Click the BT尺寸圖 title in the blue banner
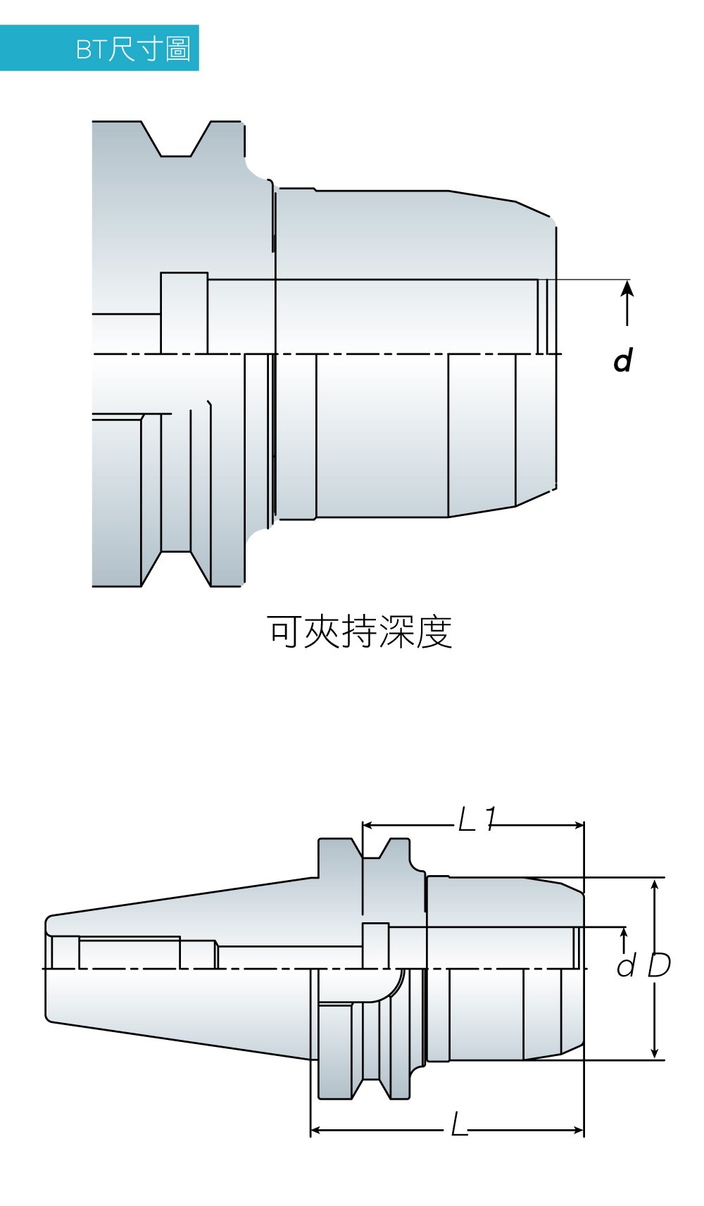(133, 49)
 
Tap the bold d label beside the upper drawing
(623, 360)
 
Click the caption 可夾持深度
(359, 632)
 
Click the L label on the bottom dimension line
(459, 1125)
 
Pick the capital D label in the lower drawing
(659, 965)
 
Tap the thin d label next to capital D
(626, 966)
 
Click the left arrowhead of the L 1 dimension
(367, 825)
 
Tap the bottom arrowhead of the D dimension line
(655, 1053)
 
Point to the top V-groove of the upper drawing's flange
(176, 141)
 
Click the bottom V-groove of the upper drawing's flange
(176, 567)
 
